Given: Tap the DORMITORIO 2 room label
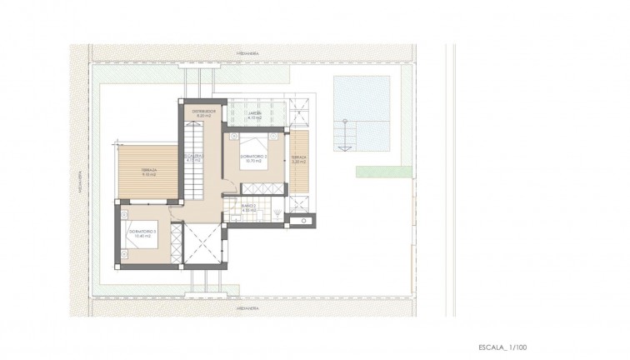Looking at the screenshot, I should click(253, 157).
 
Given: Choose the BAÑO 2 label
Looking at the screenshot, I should click(248, 208).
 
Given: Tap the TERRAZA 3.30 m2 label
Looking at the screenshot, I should click(299, 157).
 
